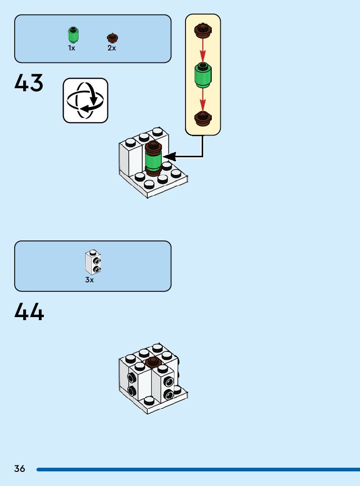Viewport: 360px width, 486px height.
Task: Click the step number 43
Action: pos(29,83)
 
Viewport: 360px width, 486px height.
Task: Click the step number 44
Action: pos(29,312)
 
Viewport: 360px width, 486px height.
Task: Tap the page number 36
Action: pos(20,469)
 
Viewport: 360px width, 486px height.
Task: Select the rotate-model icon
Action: pos(85,100)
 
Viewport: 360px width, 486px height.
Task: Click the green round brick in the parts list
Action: pos(74,35)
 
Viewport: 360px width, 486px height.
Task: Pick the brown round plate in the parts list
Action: pos(112,38)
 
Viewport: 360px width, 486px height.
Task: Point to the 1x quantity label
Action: pos(72,48)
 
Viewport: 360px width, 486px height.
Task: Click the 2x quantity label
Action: pos(111,48)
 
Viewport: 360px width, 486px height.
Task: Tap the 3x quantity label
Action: pos(89,280)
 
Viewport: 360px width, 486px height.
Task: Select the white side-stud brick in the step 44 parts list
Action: pos(93,261)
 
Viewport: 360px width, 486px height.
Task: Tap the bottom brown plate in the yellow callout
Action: pos(203,118)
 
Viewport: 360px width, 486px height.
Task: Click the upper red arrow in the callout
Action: pos(203,51)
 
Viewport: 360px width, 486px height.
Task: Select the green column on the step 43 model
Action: pos(152,161)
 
